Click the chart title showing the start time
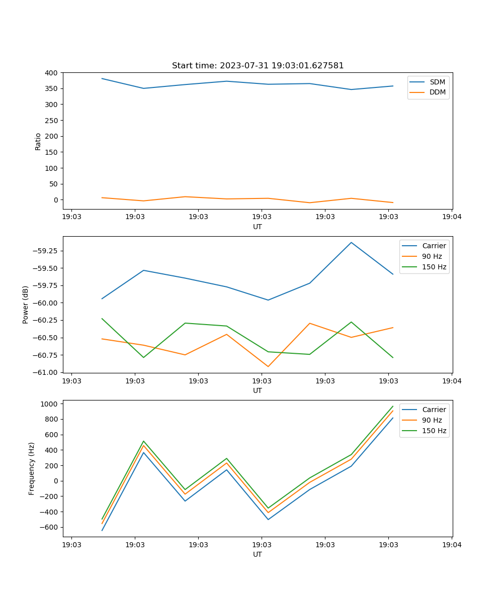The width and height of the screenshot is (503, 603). point(258,66)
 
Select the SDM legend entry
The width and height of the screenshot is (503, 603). point(437,82)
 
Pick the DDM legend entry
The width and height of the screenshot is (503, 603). point(437,92)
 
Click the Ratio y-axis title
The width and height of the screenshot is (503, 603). point(38,141)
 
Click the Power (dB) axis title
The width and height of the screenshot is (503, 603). point(26,305)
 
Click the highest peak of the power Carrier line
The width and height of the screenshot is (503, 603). point(351,243)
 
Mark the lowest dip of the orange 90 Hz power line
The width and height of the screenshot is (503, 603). point(268,366)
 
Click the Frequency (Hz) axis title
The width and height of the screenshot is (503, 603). point(32,468)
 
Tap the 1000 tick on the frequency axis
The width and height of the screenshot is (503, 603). point(50,404)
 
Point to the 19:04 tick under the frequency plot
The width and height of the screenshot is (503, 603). point(451,545)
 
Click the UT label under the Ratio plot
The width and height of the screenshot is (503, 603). point(258,227)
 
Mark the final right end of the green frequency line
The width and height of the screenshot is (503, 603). point(393,406)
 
